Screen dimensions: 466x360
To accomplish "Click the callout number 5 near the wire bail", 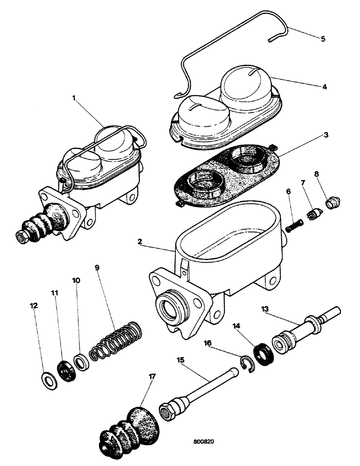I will tap(323, 38).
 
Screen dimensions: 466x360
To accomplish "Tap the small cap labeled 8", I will tap(333, 203).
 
